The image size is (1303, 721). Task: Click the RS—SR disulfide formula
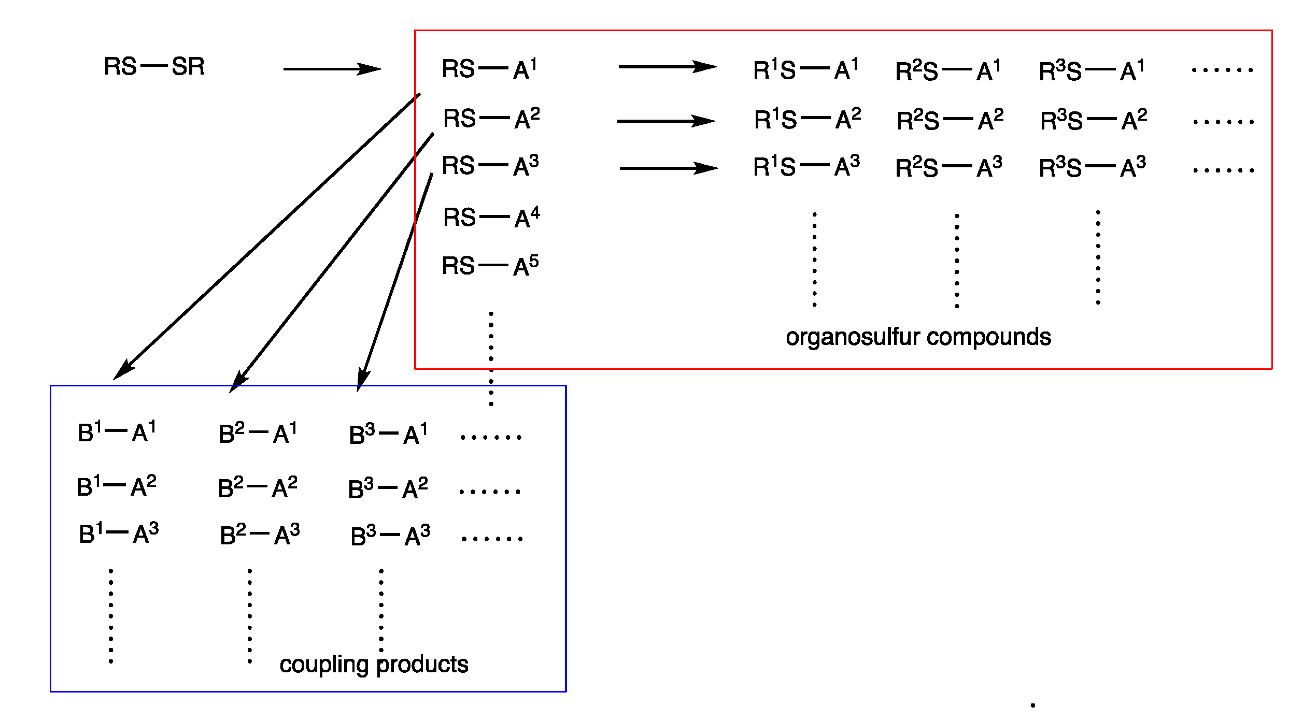tap(154, 67)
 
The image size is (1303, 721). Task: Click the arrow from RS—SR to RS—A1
tap(332, 69)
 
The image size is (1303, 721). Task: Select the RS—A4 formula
tap(491, 218)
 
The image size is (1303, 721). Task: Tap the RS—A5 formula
tap(490, 266)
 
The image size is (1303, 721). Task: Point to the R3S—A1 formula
tap(1091, 70)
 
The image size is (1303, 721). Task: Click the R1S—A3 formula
tap(806, 167)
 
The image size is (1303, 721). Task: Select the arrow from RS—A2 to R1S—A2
tap(666, 121)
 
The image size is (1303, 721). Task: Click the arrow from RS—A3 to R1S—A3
tap(669, 168)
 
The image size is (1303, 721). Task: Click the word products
tap(422, 665)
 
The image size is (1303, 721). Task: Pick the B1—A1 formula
tap(117, 432)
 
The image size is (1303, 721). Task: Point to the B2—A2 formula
tap(258, 487)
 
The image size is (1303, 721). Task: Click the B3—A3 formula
tap(390, 536)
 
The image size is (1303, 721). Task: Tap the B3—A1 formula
tap(388, 434)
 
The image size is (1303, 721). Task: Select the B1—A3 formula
tap(119, 533)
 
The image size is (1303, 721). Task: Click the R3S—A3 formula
tap(1092, 167)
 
